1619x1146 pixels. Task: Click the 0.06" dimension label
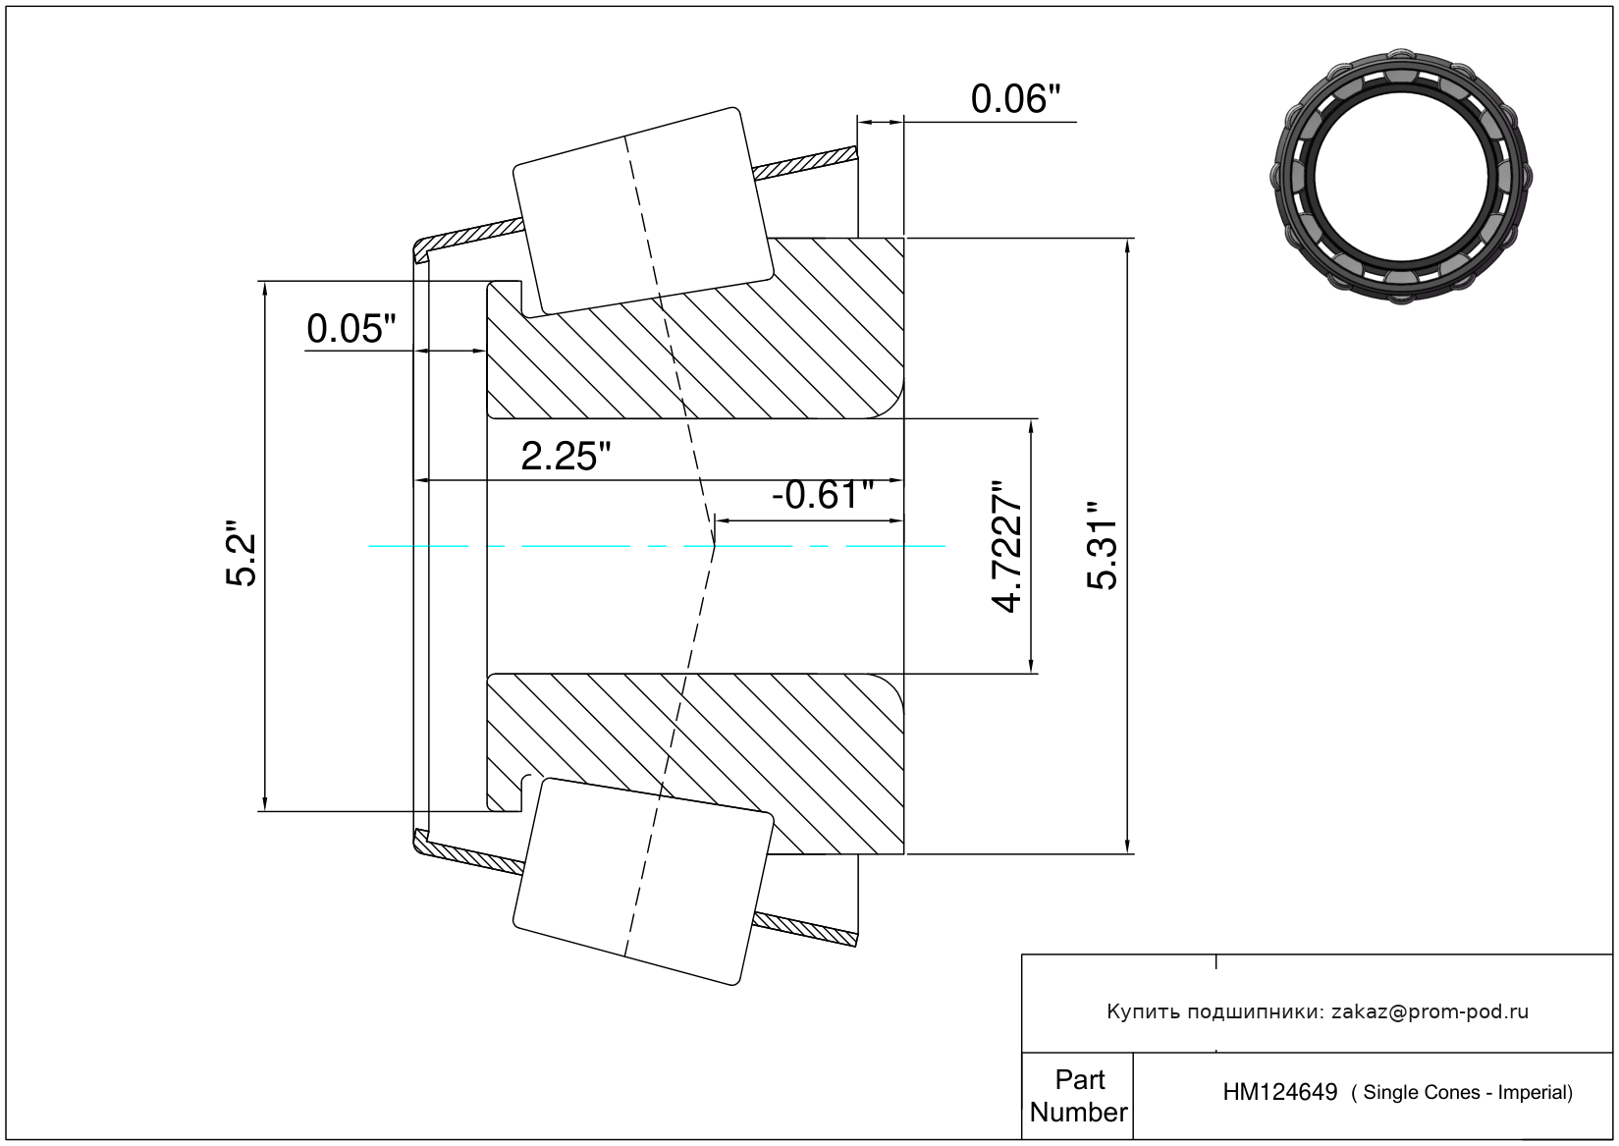[1015, 99]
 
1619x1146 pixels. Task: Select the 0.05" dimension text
[351, 329]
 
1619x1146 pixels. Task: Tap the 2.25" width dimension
[566, 457]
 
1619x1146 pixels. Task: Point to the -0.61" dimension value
[823, 495]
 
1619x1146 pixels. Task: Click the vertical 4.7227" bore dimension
[1006, 546]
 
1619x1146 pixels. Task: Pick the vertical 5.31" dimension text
[1103, 546]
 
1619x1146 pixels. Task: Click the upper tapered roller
[643, 211]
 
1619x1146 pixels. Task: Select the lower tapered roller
[643, 882]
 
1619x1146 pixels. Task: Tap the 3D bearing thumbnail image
[1401, 176]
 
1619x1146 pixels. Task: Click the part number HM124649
[1280, 1093]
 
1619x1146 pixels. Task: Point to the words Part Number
[1078, 1096]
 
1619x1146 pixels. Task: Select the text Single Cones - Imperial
[1466, 1093]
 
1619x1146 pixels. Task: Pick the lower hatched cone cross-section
[695, 764]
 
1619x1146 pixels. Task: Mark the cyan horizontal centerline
[657, 546]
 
